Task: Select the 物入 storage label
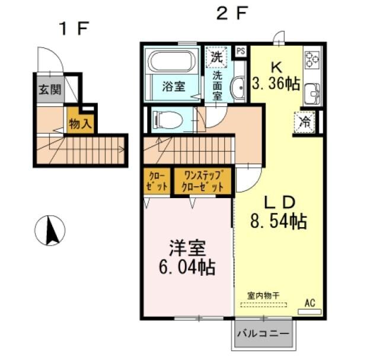[79, 124]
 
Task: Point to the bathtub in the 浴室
[172, 61]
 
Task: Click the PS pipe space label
[241, 51]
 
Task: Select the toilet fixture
[167, 120]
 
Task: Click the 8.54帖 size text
[277, 222]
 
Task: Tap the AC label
[310, 303]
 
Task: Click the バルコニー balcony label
[263, 333]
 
